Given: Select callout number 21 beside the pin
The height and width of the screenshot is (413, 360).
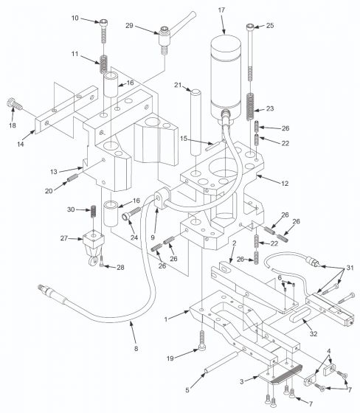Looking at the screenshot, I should point(179,86).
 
